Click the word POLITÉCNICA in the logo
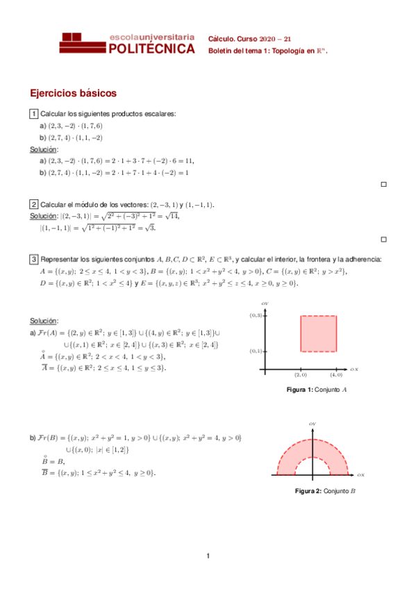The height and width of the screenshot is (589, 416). coord(152,49)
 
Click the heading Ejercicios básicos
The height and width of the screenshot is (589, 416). coord(73,93)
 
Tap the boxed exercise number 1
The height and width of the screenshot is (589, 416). coord(33,114)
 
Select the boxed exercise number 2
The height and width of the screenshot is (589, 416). coord(33,204)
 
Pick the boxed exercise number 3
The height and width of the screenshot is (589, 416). coord(33,260)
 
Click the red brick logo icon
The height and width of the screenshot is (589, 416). coord(83,43)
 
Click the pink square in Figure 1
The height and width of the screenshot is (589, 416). coord(318,333)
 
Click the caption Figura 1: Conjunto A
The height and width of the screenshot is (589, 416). coord(317,390)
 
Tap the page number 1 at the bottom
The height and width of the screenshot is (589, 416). coord(208,555)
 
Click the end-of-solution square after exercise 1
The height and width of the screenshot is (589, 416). coord(383,184)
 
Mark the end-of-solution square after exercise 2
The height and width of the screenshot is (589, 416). coord(383,239)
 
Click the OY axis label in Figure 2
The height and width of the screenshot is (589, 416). coord(313,423)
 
